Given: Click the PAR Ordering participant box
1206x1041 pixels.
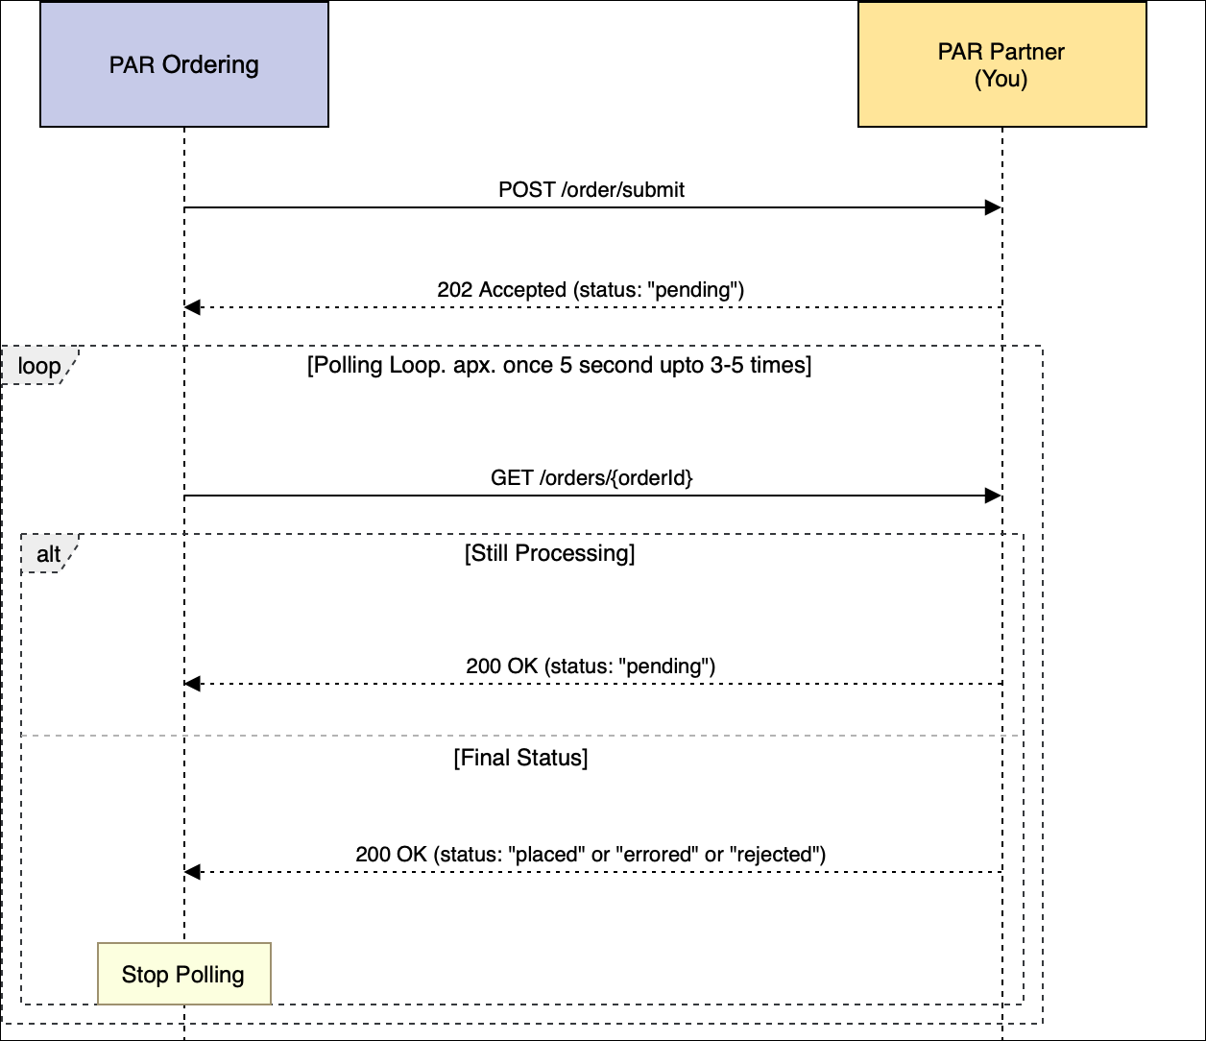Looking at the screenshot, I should click(184, 64).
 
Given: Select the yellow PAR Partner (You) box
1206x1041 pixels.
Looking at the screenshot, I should click(1001, 64).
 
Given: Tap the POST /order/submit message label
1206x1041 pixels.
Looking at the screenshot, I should click(591, 189).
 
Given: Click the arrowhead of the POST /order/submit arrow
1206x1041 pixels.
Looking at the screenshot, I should click(994, 207).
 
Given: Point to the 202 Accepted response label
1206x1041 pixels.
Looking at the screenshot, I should click(591, 289).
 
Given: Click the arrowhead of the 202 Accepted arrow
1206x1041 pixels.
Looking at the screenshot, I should click(192, 307).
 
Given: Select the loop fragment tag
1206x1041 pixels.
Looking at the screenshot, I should click(38, 366).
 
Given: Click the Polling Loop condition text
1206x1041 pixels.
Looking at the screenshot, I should click(559, 366).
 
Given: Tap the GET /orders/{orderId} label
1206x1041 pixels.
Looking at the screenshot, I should click(591, 477).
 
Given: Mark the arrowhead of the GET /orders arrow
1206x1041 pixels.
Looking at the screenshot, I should click(994, 496).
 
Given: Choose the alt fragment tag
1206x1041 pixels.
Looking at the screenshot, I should click(48, 554).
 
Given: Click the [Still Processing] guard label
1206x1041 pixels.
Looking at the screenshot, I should click(549, 553).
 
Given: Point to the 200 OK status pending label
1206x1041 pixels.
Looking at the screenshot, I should click(591, 666).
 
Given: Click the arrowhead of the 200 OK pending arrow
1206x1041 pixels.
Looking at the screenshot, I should click(192, 684).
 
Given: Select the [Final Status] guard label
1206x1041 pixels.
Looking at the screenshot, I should click(520, 758).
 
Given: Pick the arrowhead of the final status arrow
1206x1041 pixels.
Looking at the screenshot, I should click(192, 872).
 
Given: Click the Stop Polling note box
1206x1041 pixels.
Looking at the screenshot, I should click(183, 975).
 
